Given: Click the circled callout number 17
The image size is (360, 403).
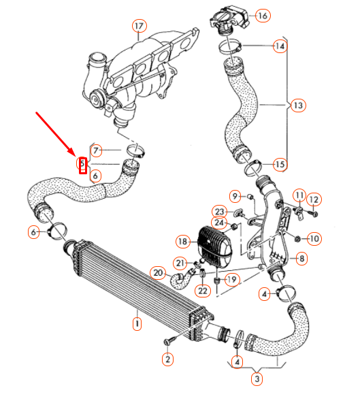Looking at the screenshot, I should coord(139,27).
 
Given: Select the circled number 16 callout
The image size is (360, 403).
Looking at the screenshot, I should coord(263,15).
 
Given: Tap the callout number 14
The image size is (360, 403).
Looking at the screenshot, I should coord(280,46).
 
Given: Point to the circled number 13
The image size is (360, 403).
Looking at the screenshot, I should coord(297,106).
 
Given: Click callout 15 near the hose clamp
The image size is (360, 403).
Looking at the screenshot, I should coord(280,164).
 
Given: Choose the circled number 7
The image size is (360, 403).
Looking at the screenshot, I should coord(96,150).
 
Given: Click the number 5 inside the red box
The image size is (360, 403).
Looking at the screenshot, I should coord(82,164).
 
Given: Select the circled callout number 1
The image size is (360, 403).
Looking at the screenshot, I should coord(137,324).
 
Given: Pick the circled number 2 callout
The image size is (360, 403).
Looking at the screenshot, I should coord(167,358).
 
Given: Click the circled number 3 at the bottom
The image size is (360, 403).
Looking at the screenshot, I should coord(257,378).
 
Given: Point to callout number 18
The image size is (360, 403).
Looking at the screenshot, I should coord(182,242).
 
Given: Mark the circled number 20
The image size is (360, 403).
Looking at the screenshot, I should coord(158,273).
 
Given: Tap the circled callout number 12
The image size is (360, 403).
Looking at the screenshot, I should coord(313,199).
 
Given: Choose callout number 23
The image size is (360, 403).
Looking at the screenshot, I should coord(219,211).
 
